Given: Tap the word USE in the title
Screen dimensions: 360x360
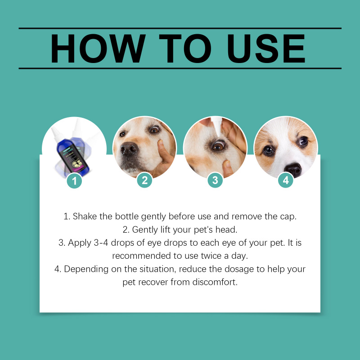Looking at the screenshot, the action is [266, 49].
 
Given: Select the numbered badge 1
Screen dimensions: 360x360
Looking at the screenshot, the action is [74, 181].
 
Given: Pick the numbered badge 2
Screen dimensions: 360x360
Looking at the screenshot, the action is [144, 180].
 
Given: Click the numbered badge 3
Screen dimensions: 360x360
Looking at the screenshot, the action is [215, 180].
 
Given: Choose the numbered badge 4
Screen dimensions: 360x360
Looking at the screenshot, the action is [286, 180].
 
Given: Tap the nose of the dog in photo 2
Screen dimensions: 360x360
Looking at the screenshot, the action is [129, 148].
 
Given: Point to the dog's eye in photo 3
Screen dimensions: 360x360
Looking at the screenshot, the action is [218, 145].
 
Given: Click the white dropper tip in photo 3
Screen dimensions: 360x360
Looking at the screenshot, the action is [217, 126].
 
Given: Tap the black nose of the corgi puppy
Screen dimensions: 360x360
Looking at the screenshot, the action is [293, 170].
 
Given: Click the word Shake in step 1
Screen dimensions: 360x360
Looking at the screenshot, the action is [85, 216].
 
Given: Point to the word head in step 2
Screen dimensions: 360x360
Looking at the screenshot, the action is [226, 229].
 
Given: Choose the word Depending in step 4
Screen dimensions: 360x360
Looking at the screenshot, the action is [86, 269].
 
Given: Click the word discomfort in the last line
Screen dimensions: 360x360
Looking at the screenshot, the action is [215, 282].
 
